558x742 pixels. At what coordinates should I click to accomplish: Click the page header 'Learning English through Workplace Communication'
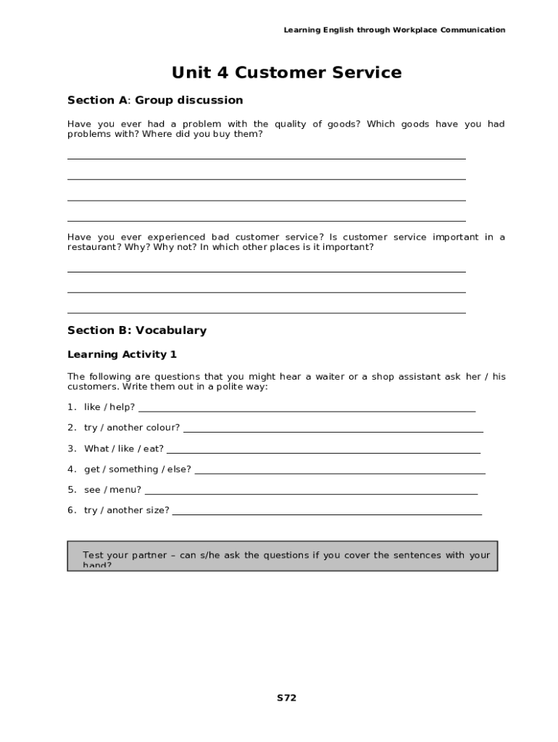[x=394, y=30]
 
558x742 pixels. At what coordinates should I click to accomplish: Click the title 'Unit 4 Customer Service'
[x=286, y=72]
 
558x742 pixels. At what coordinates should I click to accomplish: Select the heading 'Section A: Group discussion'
[x=155, y=100]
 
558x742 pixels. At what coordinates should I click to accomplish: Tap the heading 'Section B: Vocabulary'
[x=137, y=330]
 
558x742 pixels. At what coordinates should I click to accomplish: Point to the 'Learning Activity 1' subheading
[x=122, y=354]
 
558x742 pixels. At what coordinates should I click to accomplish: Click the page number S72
[x=286, y=698]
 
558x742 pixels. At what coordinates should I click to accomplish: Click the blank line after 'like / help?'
[x=307, y=411]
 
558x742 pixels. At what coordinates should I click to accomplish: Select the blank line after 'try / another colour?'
[x=333, y=432]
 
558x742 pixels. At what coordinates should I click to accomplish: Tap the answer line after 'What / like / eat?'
[x=323, y=453]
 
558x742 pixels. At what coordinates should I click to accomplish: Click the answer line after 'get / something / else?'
[x=340, y=473]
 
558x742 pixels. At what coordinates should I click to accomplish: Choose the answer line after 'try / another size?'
[x=327, y=514]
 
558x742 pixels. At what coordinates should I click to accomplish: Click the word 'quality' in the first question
[x=291, y=124]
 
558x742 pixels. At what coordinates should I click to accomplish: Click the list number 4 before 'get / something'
[x=71, y=469]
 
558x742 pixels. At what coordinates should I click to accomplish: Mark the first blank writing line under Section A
[x=266, y=158]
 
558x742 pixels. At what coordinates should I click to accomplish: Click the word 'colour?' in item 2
[x=163, y=428]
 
